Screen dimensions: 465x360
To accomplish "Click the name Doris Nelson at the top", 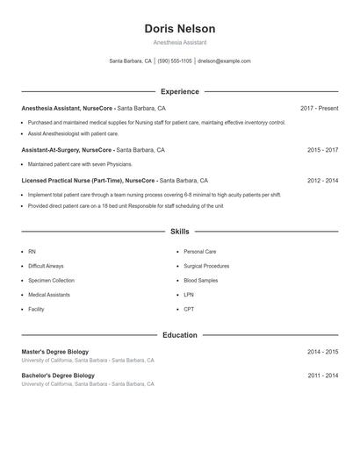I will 179,28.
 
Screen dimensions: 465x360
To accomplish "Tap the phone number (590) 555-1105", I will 176,61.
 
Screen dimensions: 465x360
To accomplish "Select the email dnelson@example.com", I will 224,61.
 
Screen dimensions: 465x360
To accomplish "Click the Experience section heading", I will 179,91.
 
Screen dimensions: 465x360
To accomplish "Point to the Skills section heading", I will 179,232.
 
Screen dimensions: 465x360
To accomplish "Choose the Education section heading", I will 179,335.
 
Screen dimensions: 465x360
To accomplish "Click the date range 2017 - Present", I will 319,108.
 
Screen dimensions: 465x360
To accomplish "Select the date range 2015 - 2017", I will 322,150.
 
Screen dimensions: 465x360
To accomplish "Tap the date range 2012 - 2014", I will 322,180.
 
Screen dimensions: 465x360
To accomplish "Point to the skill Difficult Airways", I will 46,266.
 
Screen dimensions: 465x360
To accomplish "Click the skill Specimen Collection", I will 51,280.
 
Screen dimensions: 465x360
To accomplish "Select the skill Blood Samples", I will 201,280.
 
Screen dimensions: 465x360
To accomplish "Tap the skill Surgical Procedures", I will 206,266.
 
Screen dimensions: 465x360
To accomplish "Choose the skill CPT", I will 189,309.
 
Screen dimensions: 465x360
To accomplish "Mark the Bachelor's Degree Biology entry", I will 58,376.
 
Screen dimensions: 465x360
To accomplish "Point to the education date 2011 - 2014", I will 322,376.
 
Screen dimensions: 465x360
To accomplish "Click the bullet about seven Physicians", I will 80,164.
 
